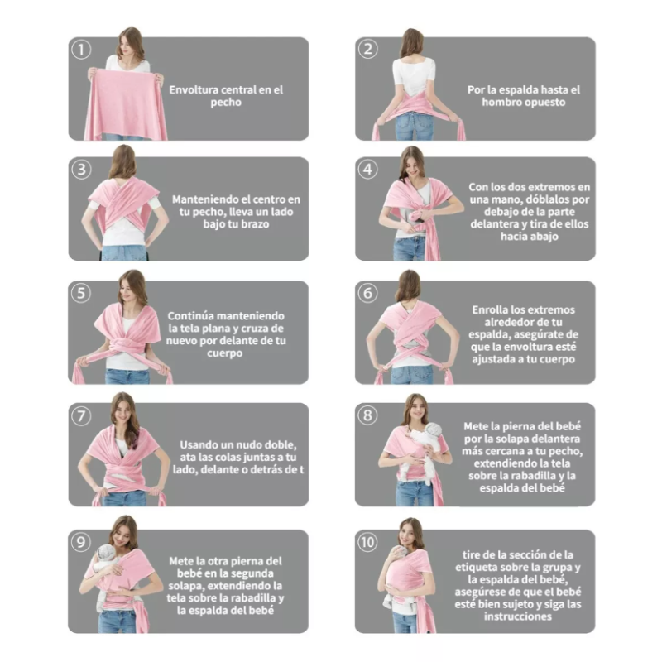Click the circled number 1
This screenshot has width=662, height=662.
[81, 50]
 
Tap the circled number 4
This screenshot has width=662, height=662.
[367, 170]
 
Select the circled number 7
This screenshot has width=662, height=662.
[81, 416]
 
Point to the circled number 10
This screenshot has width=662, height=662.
[367, 542]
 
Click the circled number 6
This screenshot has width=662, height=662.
[367, 293]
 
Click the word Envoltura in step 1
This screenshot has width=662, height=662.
[194, 90]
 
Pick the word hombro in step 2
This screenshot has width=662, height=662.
[501, 102]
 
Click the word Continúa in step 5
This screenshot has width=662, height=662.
[190, 316]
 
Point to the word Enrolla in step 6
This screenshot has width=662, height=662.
[490, 309]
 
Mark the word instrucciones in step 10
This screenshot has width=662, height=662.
[518, 616]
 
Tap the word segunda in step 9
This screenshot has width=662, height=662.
[254, 573]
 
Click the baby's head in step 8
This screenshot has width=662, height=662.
[431, 431]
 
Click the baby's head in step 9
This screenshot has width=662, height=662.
[106, 553]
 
